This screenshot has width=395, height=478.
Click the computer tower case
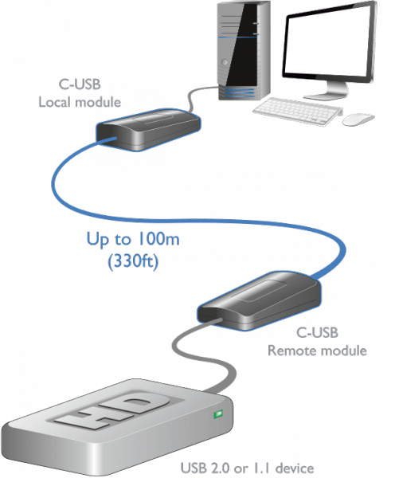(x=244, y=50)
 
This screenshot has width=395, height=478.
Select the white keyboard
(x=298, y=112)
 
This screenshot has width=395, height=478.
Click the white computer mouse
(x=358, y=119)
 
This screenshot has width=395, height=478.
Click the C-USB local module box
(x=148, y=129)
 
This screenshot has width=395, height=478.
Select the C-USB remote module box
(x=259, y=300)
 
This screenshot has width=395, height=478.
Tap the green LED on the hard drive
(x=218, y=414)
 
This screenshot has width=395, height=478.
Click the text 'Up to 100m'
(x=133, y=239)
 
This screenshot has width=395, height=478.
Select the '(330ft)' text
(x=133, y=261)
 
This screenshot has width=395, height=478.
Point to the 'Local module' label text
(x=80, y=102)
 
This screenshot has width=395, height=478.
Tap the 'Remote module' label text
(x=317, y=351)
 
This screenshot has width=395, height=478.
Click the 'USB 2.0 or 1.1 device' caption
(x=247, y=468)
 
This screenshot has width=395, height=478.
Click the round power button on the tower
(x=225, y=62)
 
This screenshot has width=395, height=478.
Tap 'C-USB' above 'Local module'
(x=80, y=84)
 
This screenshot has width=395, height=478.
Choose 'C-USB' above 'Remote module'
(x=317, y=332)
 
